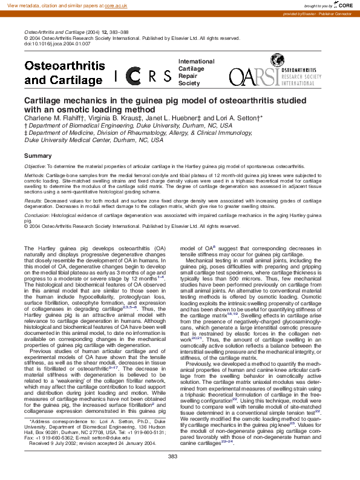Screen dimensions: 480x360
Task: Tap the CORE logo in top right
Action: tap(345, 5)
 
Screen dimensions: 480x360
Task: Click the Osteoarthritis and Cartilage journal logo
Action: tap(63, 73)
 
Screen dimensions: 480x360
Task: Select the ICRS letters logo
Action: tap(143, 76)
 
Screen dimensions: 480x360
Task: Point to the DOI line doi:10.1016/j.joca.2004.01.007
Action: tap(57, 44)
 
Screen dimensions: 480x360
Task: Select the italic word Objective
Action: tap(34, 166)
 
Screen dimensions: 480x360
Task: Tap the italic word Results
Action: tap(33, 198)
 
